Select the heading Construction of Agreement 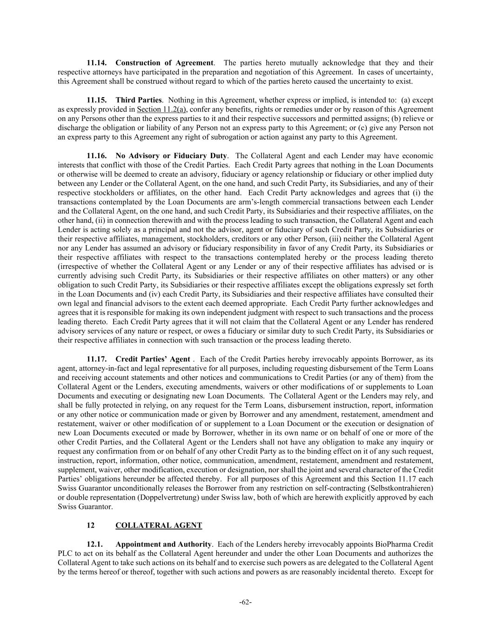pos(164,63)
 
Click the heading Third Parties pos(138,100)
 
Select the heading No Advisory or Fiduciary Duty pos(171,156)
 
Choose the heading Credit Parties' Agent pos(152,359)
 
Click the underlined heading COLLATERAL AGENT pos(159,526)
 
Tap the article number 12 pos(91,526)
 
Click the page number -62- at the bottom pos(245,602)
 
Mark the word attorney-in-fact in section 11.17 pos(97,368)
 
